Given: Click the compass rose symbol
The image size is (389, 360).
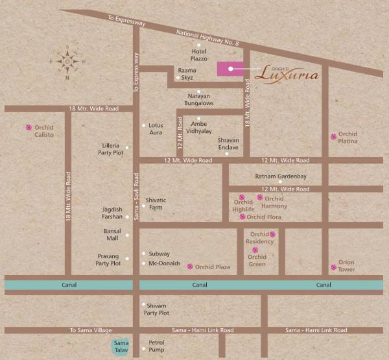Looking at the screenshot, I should coord(67,60).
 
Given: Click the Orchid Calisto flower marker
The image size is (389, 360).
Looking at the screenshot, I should coord(28,128).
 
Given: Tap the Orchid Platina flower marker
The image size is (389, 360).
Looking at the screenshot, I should coord(334,137).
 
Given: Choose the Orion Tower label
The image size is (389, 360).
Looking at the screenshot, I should coord(346,266).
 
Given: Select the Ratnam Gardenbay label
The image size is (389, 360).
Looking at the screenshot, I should coord(280,176).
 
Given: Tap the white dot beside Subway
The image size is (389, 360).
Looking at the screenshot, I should coord(143,254).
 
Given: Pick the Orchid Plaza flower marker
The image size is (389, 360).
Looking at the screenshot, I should coord(189,267).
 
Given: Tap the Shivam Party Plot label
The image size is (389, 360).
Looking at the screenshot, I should coord(156,309).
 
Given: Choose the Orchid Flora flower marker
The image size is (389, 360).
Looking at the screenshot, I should coord(242,217).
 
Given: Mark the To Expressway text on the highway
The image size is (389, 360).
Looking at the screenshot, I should coord(126,20).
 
